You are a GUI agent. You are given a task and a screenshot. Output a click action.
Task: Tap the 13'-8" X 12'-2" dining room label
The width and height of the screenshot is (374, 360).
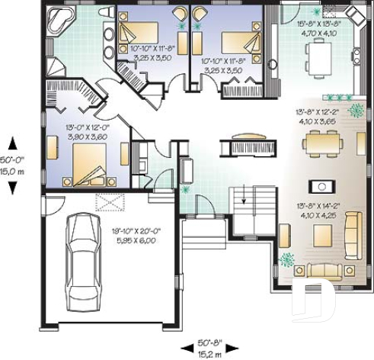click(x=318, y=115)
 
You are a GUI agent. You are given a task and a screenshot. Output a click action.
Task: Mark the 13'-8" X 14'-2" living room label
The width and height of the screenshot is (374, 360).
click(x=317, y=210)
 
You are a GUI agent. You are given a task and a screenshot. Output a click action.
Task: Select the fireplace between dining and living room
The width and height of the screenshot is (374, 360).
click(x=321, y=185)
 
